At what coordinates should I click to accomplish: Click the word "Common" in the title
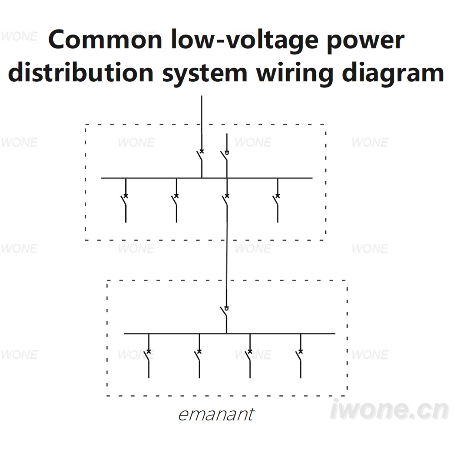pyautogui.click(x=105, y=39)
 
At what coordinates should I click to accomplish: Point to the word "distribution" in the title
pyautogui.click(x=81, y=72)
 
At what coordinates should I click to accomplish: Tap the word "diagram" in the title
pyautogui.click(x=393, y=74)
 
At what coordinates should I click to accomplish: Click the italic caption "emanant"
pyautogui.click(x=216, y=415)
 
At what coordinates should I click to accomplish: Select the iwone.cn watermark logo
pyautogui.click(x=390, y=409)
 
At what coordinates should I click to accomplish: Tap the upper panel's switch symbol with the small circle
pyautogui.click(x=225, y=156)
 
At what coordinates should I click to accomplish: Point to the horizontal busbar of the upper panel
pyautogui.click(x=207, y=178)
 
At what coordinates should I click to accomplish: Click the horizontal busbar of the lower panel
pyautogui.click(x=230, y=334)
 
